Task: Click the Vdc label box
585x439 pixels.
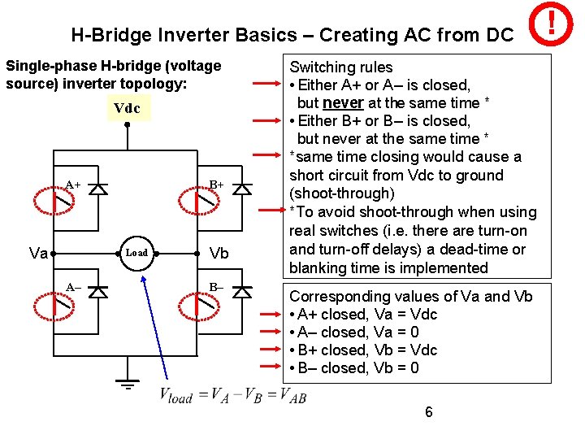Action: tap(127, 108)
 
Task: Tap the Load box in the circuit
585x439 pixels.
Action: tap(136, 253)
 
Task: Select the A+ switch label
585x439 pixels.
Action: tap(73, 185)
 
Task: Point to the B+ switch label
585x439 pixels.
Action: tap(215, 185)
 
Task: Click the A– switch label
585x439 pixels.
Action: tap(73, 287)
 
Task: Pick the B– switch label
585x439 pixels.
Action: tap(216, 287)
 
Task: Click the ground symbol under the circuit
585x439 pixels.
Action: tap(128, 384)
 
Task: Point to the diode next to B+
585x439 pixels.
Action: tap(241, 189)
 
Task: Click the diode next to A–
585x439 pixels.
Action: tap(98, 292)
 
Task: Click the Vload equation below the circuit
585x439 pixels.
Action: tap(232, 397)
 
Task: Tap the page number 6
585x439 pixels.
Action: tap(429, 412)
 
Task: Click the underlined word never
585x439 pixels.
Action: tap(342, 103)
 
